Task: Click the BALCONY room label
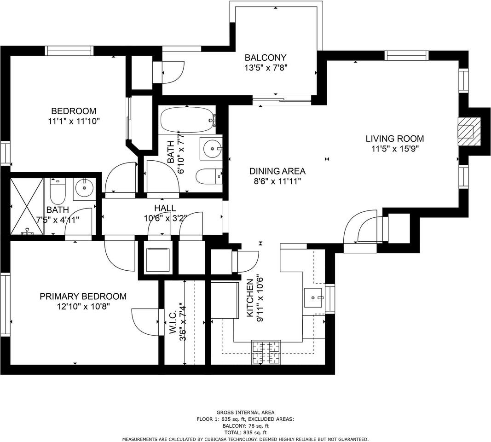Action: (265, 58)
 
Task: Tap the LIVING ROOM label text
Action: (394, 139)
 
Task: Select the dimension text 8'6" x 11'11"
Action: (277, 181)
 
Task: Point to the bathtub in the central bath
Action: (187, 119)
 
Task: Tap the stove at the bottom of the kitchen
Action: (266, 352)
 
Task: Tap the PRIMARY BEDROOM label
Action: (83, 297)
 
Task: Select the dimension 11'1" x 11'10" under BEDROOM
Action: (74, 121)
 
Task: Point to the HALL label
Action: (165, 209)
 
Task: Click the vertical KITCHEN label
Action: (250, 298)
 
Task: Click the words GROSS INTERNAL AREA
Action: (245, 413)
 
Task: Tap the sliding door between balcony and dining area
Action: (282, 99)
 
